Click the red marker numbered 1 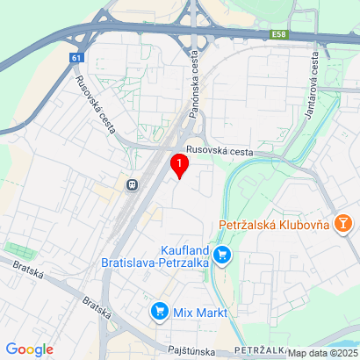(179, 164)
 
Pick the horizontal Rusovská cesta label (219, 151)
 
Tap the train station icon (132, 185)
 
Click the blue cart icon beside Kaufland (223, 255)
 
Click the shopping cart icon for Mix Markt (159, 311)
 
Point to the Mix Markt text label (200, 312)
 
